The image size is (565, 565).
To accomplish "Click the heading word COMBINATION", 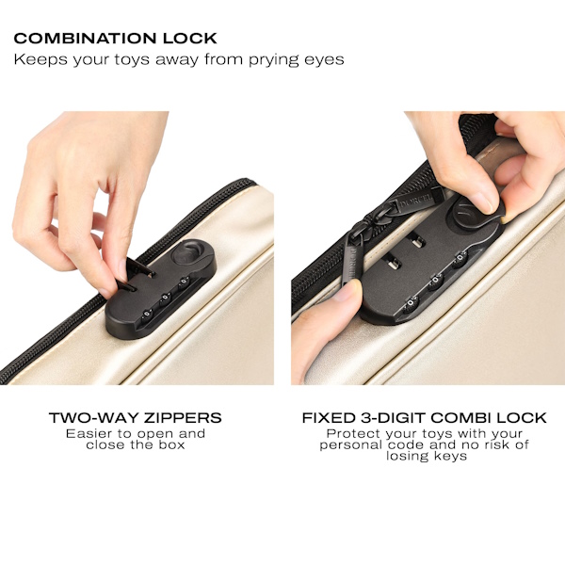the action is click(x=86, y=39).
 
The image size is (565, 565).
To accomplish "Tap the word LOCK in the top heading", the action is click(x=190, y=39).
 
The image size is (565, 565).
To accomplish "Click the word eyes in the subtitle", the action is click(x=324, y=60).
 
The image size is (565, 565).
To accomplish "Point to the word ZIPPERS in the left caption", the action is click(x=183, y=417).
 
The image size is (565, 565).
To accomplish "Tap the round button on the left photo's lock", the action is click(x=186, y=251).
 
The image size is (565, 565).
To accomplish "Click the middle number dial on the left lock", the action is click(x=166, y=298).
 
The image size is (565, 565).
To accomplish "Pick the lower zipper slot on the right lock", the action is click(x=393, y=264).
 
